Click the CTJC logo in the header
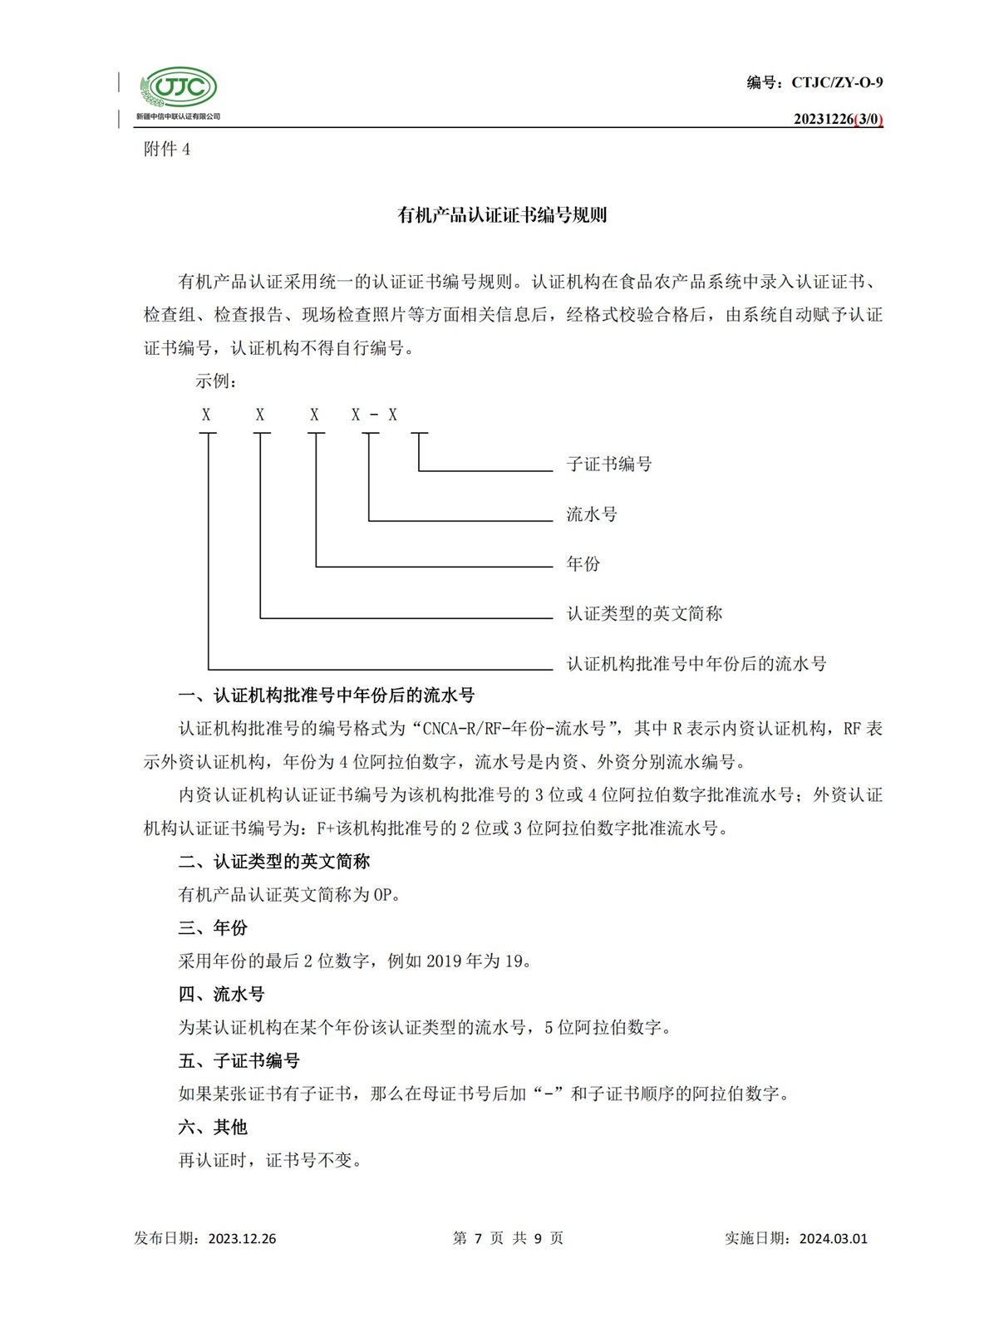click(x=178, y=88)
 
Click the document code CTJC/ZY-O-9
click(x=837, y=82)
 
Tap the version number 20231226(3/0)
click(x=838, y=119)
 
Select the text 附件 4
click(x=167, y=150)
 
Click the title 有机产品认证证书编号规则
click(x=502, y=215)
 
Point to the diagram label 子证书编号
click(x=609, y=465)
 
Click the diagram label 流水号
click(x=592, y=514)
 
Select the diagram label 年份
click(x=583, y=564)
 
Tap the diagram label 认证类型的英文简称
click(x=644, y=614)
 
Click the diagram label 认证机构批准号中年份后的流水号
click(x=696, y=664)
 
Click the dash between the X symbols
click(x=374, y=415)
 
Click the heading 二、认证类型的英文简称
click(x=273, y=862)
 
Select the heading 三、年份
click(x=213, y=928)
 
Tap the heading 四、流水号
click(x=221, y=995)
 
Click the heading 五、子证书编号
click(x=239, y=1061)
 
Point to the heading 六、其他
click(x=213, y=1128)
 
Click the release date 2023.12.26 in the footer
click(x=242, y=1238)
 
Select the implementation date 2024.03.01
click(x=833, y=1238)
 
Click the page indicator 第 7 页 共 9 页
click(x=508, y=1238)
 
